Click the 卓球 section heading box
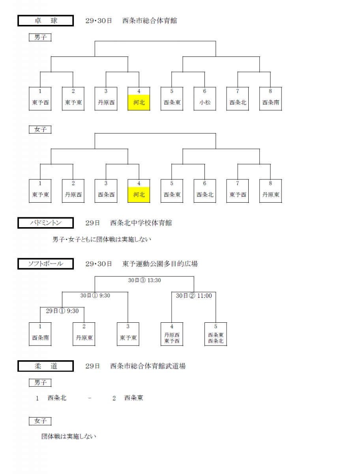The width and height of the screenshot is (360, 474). pyautogui.click(x=45, y=21)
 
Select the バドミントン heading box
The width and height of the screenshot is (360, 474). pyautogui.click(x=45, y=223)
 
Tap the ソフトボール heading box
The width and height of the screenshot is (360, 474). pyautogui.click(x=45, y=263)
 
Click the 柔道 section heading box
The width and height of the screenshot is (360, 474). pyautogui.click(x=45, y=366)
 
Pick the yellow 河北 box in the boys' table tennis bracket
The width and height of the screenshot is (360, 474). pyautogui.click(x=139, y=102)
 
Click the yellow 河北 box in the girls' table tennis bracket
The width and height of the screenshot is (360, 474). pyautogui.click(x=139, y=195)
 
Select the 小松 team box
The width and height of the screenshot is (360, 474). pyautogui.click(x=205, y=99)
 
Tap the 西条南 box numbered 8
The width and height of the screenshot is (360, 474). pyautogui.click(x=270, y=99)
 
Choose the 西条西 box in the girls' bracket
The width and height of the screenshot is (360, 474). pyautogui.click(x=106, y=191)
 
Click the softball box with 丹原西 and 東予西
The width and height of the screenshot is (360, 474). pyautogui.click(x=172, y=334)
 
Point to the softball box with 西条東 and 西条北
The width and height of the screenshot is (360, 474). pyautogui.click(x=216, y=334)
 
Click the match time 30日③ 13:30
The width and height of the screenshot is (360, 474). pyautogui.click(x=144, y=280)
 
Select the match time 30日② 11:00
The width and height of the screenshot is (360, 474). pyautogui.click(x=194, y=295)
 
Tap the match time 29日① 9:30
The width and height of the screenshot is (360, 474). pyautogui.click(x=62, y=311)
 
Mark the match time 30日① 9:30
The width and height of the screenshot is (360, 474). pyautogui.click(x=95, y=295)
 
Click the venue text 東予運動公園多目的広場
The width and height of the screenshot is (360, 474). pyautogui.click(x=160, y=264)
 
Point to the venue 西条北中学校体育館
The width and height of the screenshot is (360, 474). pyautogui.click(x=141, y=223)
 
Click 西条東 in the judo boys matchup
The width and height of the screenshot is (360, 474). pyautogui.click(x=133, y=398)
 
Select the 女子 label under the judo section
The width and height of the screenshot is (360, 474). pyautogui.click(x=40, y=421)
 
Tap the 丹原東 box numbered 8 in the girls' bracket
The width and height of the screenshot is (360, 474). pyautogui.click(x=270, y=191)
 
